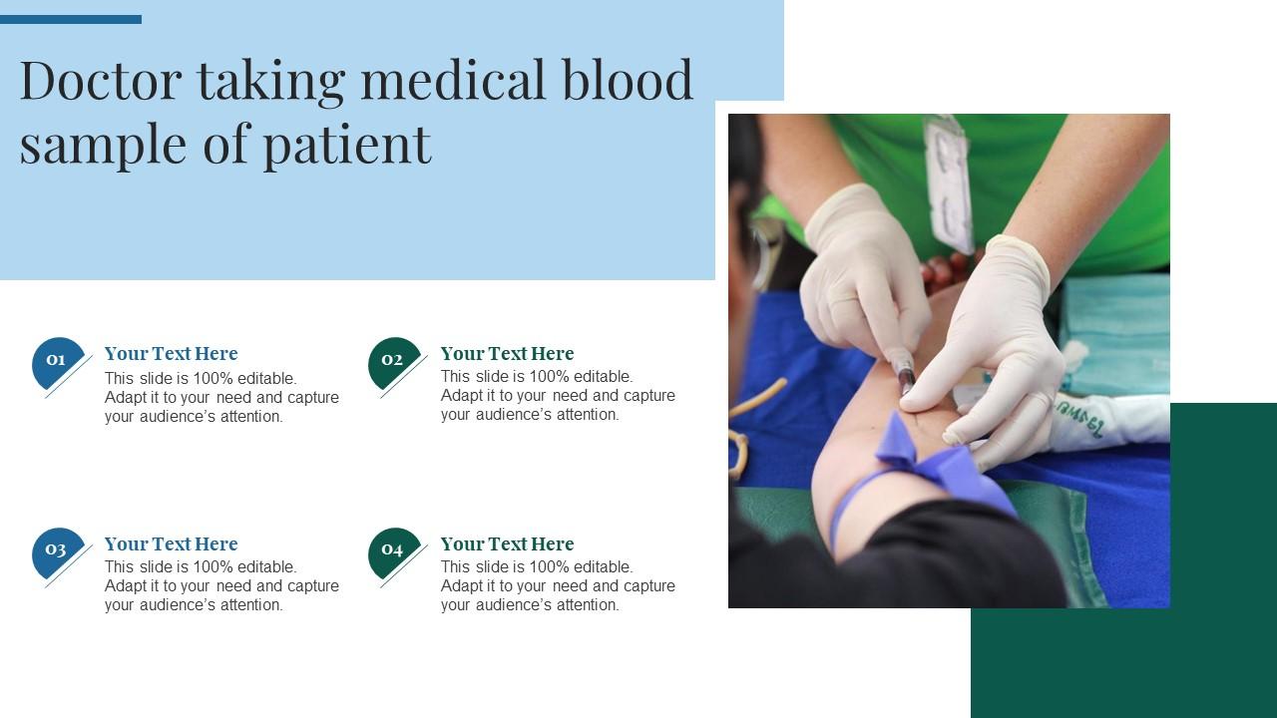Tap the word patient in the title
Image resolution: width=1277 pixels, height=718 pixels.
(347, 145)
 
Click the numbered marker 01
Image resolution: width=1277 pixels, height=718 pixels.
(57, 361)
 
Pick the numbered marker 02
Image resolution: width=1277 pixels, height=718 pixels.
(393, 361)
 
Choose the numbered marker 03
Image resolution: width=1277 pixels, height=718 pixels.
(57, 550)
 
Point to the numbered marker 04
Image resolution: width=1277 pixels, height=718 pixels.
(393, 550)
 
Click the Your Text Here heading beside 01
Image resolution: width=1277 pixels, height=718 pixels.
(171, 354)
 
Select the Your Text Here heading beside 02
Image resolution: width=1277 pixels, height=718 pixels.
(507, 354)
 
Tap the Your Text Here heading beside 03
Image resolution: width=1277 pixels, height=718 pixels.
(171, 544)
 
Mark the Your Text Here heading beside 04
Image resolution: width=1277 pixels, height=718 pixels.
(507, 544)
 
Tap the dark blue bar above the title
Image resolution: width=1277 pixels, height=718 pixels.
(70, 19)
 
